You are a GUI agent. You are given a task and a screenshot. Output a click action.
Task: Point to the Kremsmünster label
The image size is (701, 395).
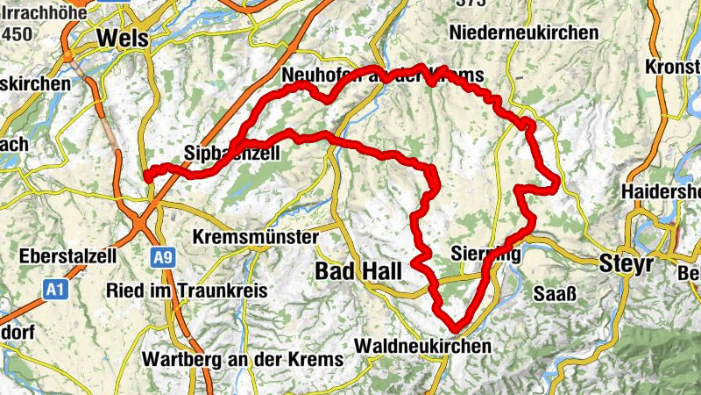tap(254, 238)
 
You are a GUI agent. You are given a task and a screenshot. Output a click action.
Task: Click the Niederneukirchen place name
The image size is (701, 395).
tap(523, 32)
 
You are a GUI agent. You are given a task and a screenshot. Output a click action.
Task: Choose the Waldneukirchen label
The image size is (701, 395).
tap(423, 346)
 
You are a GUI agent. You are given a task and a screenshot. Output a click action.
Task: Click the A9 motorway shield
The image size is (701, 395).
tap(159, 257)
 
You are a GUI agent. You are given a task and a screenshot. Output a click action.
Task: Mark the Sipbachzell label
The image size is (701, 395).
tap(232, 154)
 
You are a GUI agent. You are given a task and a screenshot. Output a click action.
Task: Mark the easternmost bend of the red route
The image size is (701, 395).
tap(556, 182)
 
